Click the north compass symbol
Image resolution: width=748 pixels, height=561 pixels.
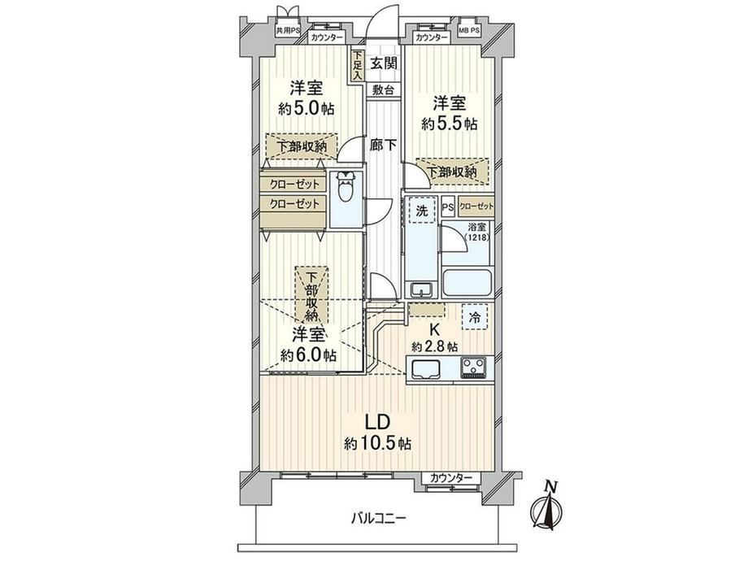[546, 507]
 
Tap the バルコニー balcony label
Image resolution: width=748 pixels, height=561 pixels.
[379, 518]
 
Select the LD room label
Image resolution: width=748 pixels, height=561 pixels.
[378, 422]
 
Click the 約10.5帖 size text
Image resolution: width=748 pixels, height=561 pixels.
[378, 444]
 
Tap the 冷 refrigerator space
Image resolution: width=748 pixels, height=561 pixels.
[475, 316]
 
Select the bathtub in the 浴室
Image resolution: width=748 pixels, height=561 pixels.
[467, 284]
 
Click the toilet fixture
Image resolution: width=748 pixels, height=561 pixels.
[345, 188]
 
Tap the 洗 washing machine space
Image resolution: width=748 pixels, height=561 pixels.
[422, 211]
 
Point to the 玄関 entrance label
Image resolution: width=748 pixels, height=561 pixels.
[384, 63]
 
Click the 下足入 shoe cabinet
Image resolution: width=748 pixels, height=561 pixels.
[358, 66]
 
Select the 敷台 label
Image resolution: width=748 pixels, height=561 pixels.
[384, 89]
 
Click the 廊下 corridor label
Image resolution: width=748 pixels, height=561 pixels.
[383, 145]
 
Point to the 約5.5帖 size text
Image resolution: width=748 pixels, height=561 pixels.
[449, 124]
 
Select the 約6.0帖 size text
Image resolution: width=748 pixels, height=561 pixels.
[307, 355]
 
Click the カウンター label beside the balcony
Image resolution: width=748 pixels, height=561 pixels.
[450, 477]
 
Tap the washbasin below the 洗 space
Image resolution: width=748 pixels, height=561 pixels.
[421, 289]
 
